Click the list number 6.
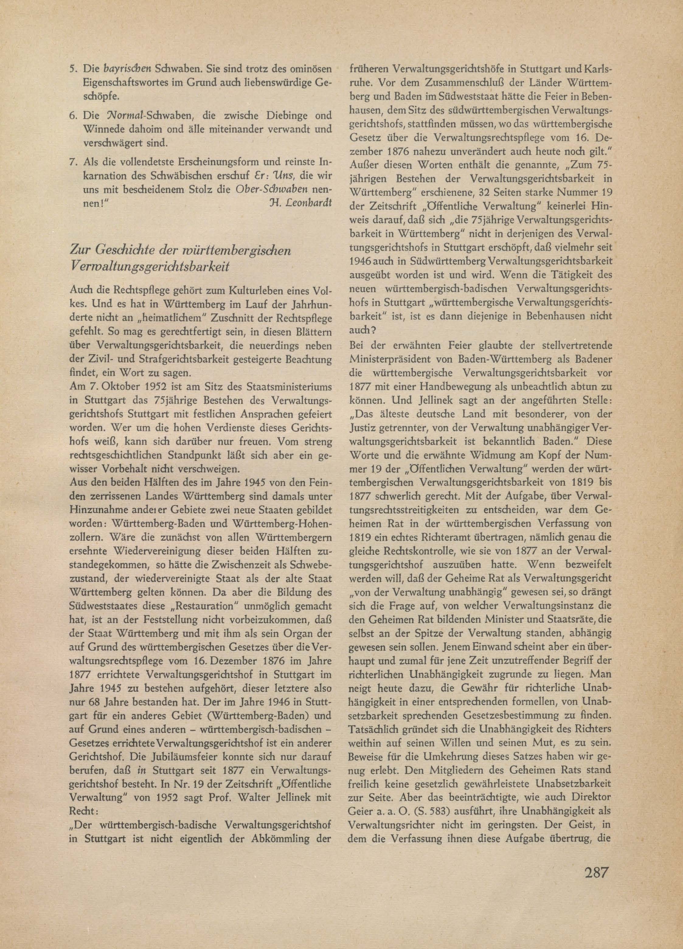[71, 115]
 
